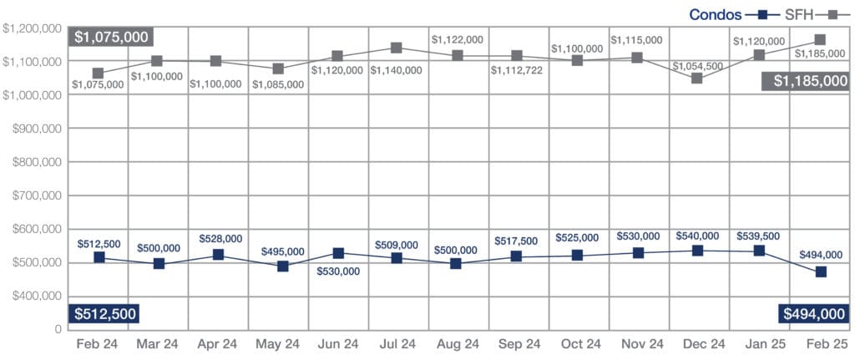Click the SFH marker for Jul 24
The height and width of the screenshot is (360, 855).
coord(397,48)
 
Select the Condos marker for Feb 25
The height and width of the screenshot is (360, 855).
coord(821,271)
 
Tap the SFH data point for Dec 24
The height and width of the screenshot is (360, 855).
coord(697,79)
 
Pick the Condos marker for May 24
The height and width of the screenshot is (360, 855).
coord(283,266)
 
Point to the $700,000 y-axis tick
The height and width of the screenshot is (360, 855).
coord(33,195)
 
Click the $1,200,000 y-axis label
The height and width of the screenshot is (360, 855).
coord(33,28)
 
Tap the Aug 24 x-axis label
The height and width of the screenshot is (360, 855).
coord(457,343)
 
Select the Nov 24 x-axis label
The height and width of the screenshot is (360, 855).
coord(638,343)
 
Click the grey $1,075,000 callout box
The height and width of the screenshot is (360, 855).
coord(110,37)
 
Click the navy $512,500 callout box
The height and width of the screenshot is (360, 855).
coord(104,313)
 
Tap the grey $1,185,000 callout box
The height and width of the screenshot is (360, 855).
coord(804,80)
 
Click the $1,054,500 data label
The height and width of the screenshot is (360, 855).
coord(696,66)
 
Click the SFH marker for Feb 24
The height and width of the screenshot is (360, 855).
coord(99,74)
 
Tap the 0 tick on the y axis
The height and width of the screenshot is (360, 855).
coord(58,329)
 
